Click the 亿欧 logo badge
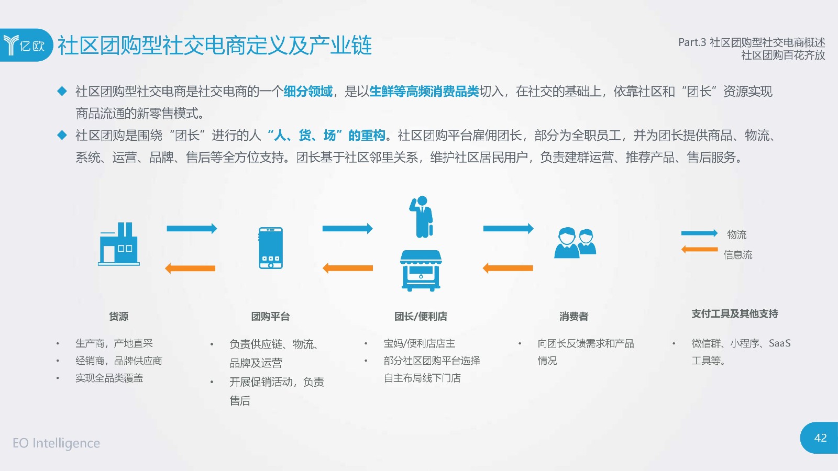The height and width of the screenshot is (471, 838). click(26, 45)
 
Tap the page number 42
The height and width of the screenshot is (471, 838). click(820, 438)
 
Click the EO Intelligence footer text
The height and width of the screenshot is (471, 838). click(56, 443)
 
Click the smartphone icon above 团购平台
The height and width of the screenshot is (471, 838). click(270, 248)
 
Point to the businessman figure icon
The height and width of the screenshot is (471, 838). click(422, 217)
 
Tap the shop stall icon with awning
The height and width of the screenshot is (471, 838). click(421, 271)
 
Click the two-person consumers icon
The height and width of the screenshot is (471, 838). click(575, 243)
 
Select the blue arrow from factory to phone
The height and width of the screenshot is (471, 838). click(192, 228)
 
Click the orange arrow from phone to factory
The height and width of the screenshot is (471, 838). click(190, 268)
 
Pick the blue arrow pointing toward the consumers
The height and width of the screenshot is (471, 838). click(509, 228)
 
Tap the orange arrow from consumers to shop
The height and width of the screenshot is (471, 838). click(508, 268)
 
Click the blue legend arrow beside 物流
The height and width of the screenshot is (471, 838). click(700, 233)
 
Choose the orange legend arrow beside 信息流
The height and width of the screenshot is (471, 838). click(700, 249)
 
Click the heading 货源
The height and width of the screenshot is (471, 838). click(118, 317)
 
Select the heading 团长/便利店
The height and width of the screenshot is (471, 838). click(421, 317)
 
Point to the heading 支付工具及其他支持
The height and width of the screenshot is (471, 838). click(735, 313)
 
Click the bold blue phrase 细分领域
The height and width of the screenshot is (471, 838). click(308, 92)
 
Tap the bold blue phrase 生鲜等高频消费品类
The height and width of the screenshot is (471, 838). click(424, 92)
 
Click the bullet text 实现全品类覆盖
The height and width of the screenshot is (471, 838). click(109, 378)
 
